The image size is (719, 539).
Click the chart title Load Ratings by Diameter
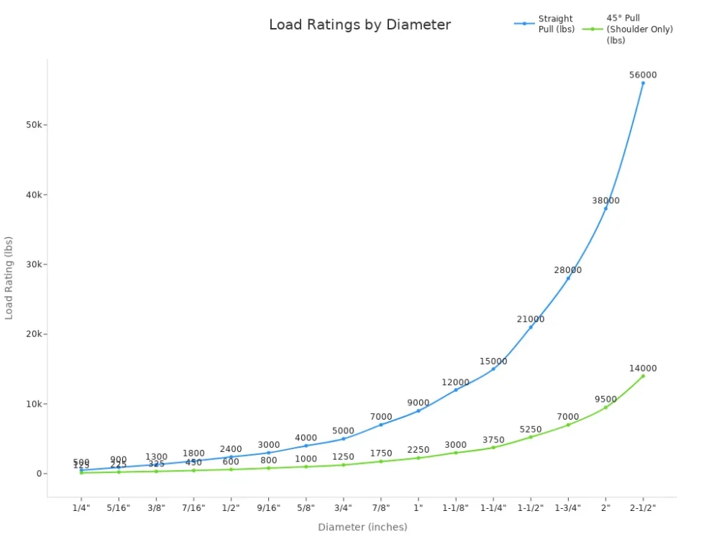tap(359, 24)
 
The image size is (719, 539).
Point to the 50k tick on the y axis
tap(35, 125)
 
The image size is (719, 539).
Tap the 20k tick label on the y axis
tap(35, 334)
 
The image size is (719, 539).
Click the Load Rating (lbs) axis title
tap(9, 277)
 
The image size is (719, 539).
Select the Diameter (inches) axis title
tap(362, 527)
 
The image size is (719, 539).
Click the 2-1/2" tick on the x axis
tap(643, 507)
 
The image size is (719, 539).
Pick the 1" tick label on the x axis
tap(418, 507)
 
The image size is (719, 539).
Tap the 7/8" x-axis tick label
tap(381, 507)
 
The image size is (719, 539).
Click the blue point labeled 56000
tap(643, 83)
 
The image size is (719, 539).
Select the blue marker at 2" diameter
tap(605, 208)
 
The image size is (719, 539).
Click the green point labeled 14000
tap(643, 376)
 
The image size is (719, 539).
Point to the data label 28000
tap(568, 270)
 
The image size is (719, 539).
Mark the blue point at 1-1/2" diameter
tap(531, 327)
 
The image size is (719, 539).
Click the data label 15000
tap(493, 361)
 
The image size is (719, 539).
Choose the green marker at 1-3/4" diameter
tap(568, 425)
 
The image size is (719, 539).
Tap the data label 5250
tap(531, 430)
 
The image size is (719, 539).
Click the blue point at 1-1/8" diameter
tap(456, 390)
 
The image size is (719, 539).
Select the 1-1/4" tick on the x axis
tap(493, 507)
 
